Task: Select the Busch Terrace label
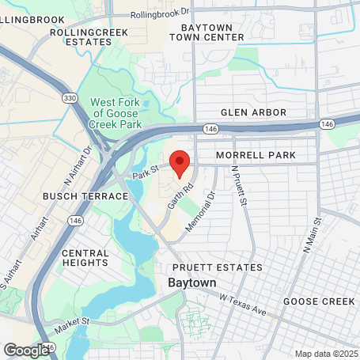pyautogui.click(x=97, y=195)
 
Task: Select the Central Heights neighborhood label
pyautogui.click(x=85, y=259)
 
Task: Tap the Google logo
pyautogui.click(x=27, y=349)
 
